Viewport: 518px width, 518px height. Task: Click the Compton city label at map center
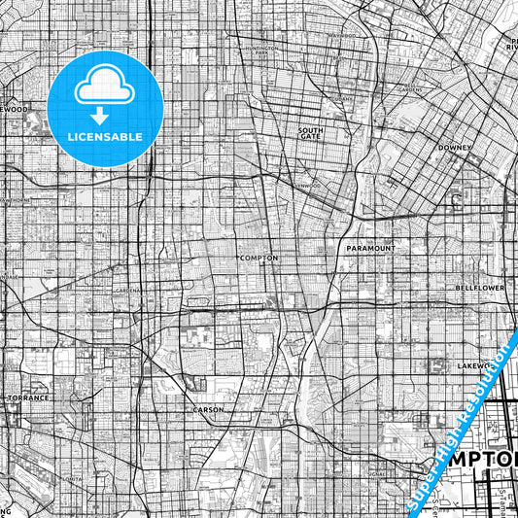coord(259,258)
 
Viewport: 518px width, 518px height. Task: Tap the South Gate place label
coord(310,133)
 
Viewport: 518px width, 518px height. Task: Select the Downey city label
coord(454,148)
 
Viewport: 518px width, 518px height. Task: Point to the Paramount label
coord(370,249)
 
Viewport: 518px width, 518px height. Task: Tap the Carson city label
coord(208,410)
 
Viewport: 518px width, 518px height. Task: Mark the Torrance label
coord(27,398)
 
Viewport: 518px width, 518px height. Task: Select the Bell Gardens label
coord(409,89)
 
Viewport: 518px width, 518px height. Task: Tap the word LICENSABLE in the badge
coord(105,137)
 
